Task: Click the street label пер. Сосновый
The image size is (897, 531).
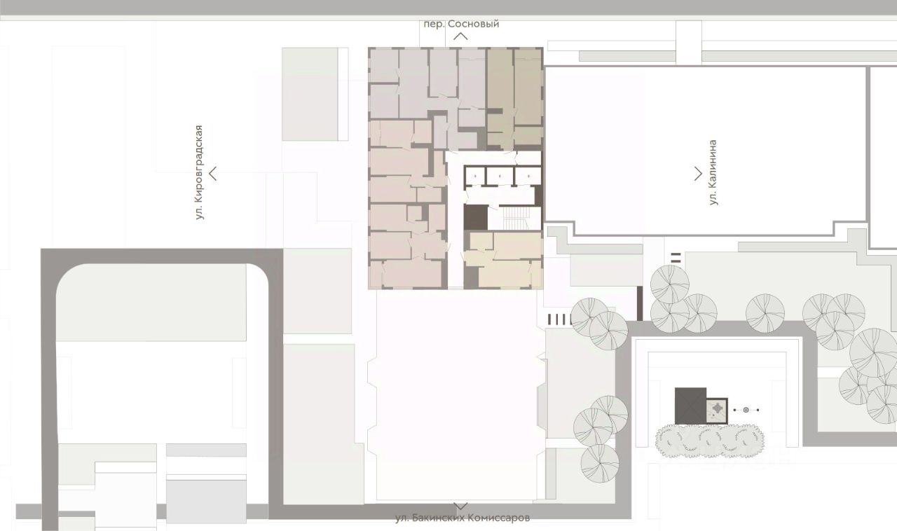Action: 461,24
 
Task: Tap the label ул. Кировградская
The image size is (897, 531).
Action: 199,172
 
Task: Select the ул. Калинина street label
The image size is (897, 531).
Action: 713,172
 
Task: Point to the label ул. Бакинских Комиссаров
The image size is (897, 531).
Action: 463,518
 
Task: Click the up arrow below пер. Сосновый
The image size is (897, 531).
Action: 461,36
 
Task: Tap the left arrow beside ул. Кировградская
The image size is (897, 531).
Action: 212,174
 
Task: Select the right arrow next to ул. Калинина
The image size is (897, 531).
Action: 699,174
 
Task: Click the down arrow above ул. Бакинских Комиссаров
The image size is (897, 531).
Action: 460,506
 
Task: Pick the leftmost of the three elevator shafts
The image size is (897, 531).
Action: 475,177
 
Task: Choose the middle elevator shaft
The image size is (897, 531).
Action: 500,177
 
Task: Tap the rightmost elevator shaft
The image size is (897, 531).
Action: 528,177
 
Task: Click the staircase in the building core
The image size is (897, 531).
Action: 514,218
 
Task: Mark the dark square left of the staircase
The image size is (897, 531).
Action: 476,217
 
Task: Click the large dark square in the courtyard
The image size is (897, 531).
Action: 690,406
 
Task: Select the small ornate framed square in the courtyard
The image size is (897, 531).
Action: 717,410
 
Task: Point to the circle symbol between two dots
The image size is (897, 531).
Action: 746,410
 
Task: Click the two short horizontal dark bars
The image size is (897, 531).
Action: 676,258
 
